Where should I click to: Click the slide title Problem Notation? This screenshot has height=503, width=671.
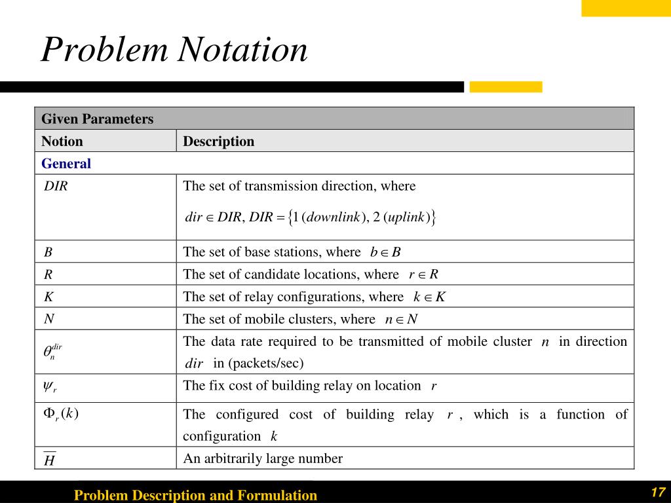[174, 50]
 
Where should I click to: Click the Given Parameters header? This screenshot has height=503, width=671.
[97, 119]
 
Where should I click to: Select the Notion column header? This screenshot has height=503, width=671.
[62, 141]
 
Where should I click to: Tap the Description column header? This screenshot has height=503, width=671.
[218, 141]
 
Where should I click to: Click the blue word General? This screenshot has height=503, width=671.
[66, 164]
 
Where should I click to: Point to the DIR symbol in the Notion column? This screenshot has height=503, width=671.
[56, 186]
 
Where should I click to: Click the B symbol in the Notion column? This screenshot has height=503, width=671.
[48, 252]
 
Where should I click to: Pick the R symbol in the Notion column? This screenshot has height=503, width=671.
[48, 274]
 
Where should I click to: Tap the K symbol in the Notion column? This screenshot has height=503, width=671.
[48, 297]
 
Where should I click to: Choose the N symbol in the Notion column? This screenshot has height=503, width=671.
[48, 319]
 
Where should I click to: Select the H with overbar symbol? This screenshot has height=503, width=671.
[49, 460]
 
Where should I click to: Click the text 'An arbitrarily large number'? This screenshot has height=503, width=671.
[263, 458]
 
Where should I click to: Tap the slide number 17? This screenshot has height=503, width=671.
[658, 493]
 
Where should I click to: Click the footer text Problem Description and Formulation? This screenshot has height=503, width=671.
[195, 495]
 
